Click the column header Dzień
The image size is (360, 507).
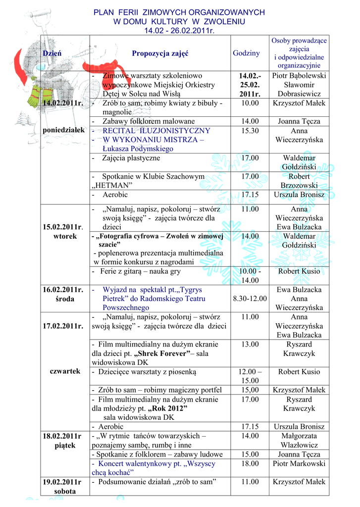[x=52, y=53]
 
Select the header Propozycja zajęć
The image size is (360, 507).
[x=160, y=53]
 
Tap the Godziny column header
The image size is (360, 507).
[x=246, y=53]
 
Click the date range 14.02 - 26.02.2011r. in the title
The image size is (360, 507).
[x=179, y=31]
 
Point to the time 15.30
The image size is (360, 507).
[x=250, y=131]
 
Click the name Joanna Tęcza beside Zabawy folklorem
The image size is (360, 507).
[x=299, y=121]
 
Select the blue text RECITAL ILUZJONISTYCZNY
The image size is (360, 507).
[x=156, y=131]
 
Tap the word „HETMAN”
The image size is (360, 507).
[x=112, y=186]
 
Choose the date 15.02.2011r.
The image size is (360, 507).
[x=63, y=227]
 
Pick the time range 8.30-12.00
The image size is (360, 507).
[x=250, y=299]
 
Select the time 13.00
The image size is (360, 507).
[x=250, y=345]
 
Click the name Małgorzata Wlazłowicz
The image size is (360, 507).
[x=299, y=441]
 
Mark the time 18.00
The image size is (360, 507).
[x=250, y=464]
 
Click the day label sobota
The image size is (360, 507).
[x=62, y=492]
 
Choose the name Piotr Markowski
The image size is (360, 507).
[x=299, y=464]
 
